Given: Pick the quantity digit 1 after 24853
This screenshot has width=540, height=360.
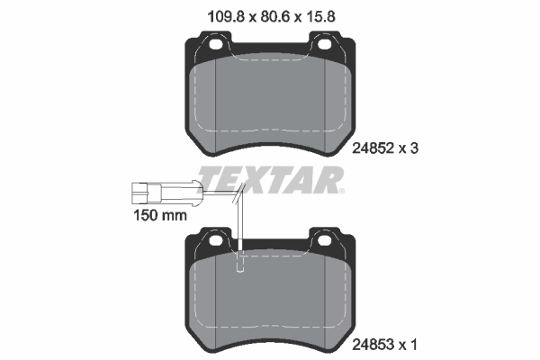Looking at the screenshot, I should coord(414,344).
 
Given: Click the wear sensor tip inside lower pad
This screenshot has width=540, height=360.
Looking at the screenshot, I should coord(240,264).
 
